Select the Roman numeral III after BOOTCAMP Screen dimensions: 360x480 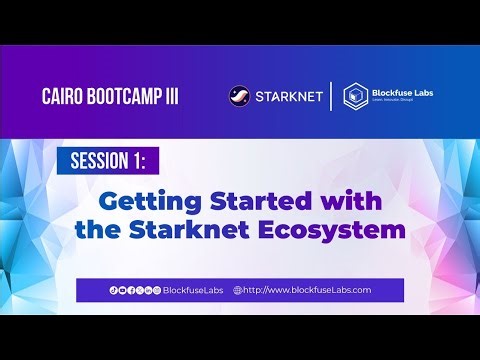point(163,97)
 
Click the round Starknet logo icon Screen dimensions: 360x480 point(240,97)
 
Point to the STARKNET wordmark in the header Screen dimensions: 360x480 point(288,97)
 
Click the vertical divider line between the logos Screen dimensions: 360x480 point(331,97)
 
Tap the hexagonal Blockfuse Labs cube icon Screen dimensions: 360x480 point(353,97)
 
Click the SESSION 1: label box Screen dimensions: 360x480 point(107,162)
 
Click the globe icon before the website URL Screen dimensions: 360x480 point(238,290)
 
